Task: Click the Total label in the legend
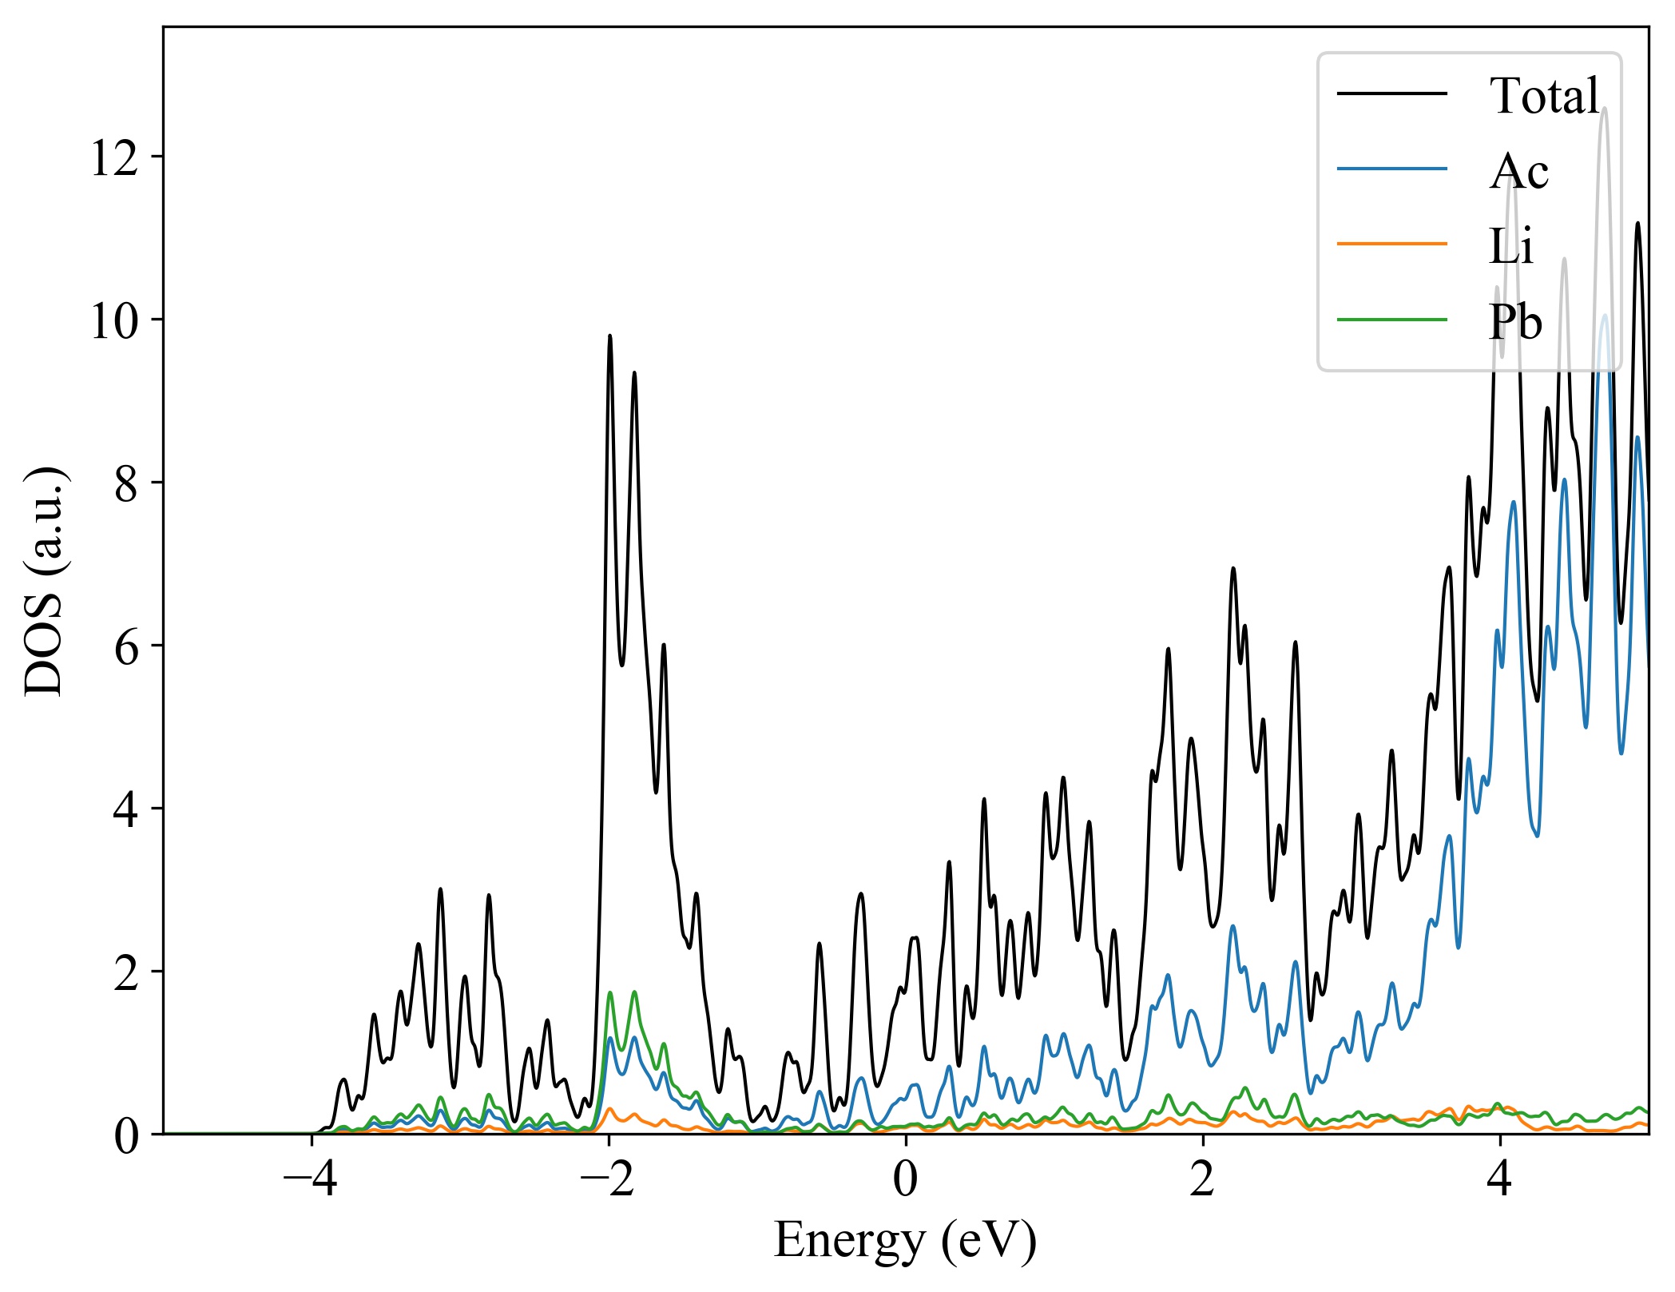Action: pyautogui.click(x=1544, y=96)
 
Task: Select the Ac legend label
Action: pyautogui.click(x=1518, y=171)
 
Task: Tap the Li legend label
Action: pyautogui.click(x=1510, y=246)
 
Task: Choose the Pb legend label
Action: pyautogui.click(x=1515, y=321)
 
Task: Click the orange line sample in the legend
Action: pyautogui.click(x=1391, y=243)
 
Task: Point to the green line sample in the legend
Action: pyautogui.click(x=1391, y=319)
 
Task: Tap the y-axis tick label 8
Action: pyautogui.click(x=126, y=484)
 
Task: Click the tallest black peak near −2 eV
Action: pyautogui.click(x=609, y=336)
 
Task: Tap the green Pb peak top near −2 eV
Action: pyautogui.click(x=609, y=993)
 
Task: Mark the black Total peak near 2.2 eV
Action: pyautogui.click(x=1232, y=568)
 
